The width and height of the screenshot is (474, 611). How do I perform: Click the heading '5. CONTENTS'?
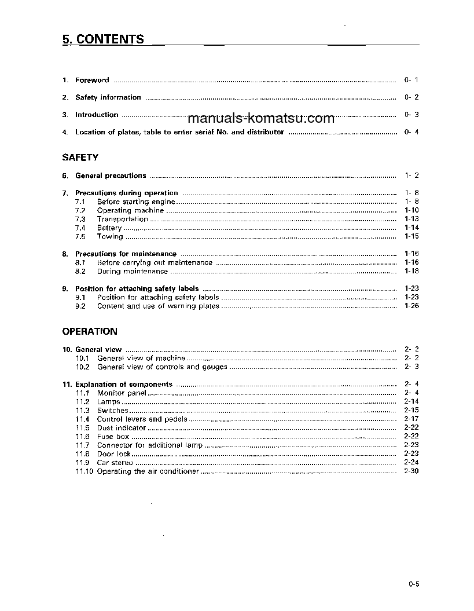(x=103, y=39)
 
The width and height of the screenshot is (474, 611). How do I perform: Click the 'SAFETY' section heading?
(x=80, y=157)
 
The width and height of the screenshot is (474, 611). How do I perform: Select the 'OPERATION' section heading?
(x=89, y=331)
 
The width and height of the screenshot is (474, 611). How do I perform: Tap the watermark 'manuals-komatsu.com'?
(x=262, y=119)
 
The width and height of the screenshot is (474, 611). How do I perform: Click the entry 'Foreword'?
(x=92, y=80)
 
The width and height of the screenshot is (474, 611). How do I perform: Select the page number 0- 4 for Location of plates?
(x=411, y=132)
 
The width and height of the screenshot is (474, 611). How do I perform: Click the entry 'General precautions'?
(x=111, y=175)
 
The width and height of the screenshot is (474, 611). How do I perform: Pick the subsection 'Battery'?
(x=109, y=228)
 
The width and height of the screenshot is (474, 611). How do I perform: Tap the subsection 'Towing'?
(x=110, y=236)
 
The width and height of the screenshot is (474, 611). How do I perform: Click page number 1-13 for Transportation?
(x=411, y=219)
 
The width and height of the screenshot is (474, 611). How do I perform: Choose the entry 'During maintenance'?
(x=132, y=271)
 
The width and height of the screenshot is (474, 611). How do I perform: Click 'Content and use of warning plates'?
(x=158, y=306)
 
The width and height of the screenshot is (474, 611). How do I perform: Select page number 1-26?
(x=411, y=306)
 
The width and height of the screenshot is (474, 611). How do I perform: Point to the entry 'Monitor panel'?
(x=122, y=393)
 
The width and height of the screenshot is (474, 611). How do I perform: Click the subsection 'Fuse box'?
(x=113, y=437)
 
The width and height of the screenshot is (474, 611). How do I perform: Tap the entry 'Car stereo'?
(x=115, y=463)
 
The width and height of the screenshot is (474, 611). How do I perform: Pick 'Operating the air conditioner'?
(x=148, y=471)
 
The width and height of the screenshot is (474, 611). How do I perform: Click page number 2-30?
(x=411, y=471)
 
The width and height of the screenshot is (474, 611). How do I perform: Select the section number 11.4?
(x=82, y=419)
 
